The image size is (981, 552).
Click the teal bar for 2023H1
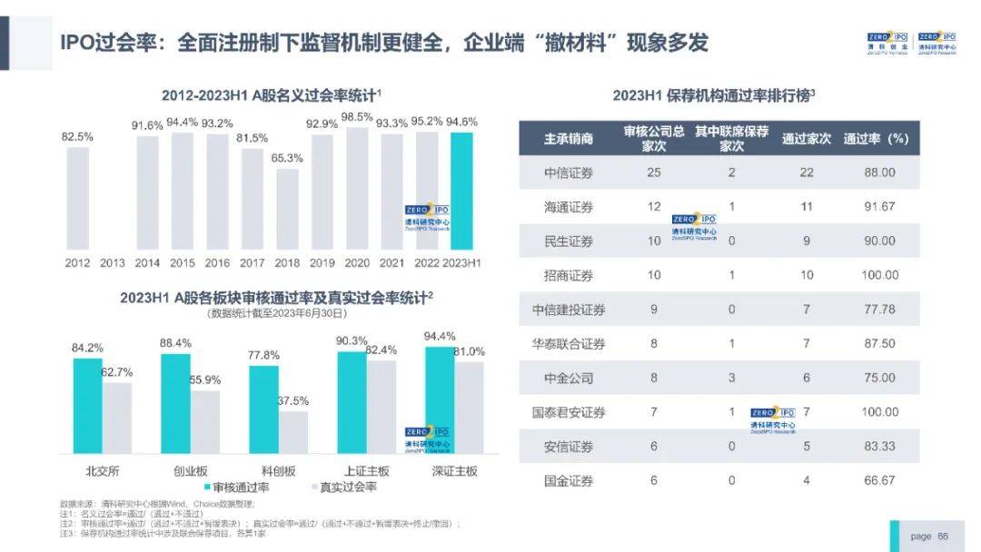(x=462, y=191)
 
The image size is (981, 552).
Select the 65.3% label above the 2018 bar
(x=286, y=157)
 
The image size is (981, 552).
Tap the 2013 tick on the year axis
(x=112, y=262)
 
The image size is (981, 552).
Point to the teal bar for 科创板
(x=263, y=409)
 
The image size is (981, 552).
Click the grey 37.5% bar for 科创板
(x=292, y=432)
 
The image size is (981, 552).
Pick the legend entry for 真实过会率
(x=344, y=488)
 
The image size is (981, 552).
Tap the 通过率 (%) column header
(x=876, y=139)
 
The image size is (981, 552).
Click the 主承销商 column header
(x=569, y=139)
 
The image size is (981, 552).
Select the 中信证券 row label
(x=569, y=172)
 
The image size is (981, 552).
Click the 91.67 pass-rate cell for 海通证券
(x=879, y=207)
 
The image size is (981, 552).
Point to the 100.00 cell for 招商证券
(x=879, y=275)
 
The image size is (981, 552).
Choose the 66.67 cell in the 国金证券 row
(x=879, y=480)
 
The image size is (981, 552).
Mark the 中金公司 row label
(x=569, y=378)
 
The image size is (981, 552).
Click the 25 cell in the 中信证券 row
(x=654, y=172)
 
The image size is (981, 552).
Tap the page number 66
(x=943, y=537)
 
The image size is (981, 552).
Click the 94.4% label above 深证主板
(x=440, y=337)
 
